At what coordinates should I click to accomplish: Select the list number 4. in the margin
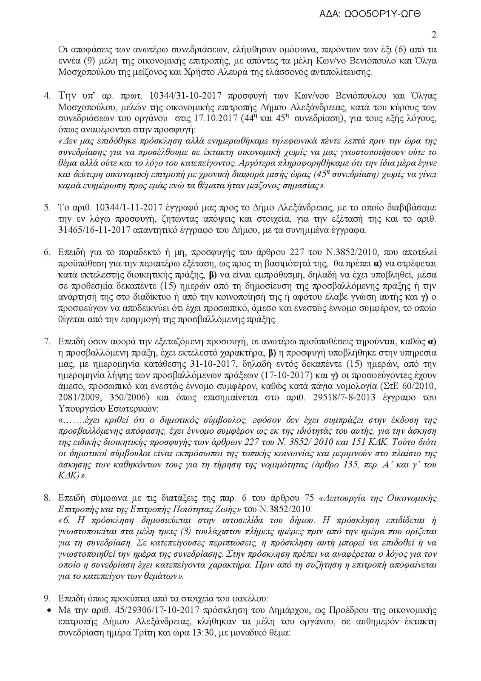(x=48, y=94)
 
